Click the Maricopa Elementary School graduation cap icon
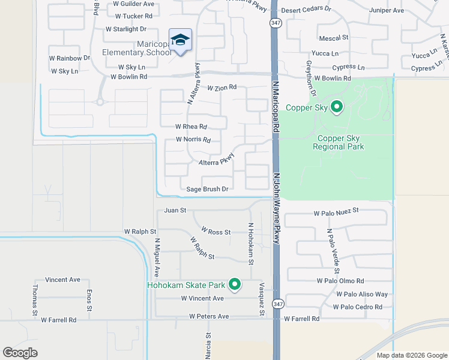tap(180, 40)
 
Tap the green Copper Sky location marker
tap(337, 107)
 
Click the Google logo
tap(20, 353)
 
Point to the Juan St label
tap(175, 211)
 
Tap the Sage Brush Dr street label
tap(208, 189)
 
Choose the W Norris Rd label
tap(193, 140)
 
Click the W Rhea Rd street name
tap(191, 127)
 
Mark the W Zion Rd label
tap(222, 88)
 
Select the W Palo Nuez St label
tap(336, 211)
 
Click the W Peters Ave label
tap(209, 316)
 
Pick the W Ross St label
tap(216, 231)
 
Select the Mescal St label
tap(334, 38)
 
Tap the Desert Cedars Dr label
tap(306, 10)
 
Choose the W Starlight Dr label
tap(125, 29)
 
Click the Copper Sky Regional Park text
tap(340, 142)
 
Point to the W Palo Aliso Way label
tap(362, 294)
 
